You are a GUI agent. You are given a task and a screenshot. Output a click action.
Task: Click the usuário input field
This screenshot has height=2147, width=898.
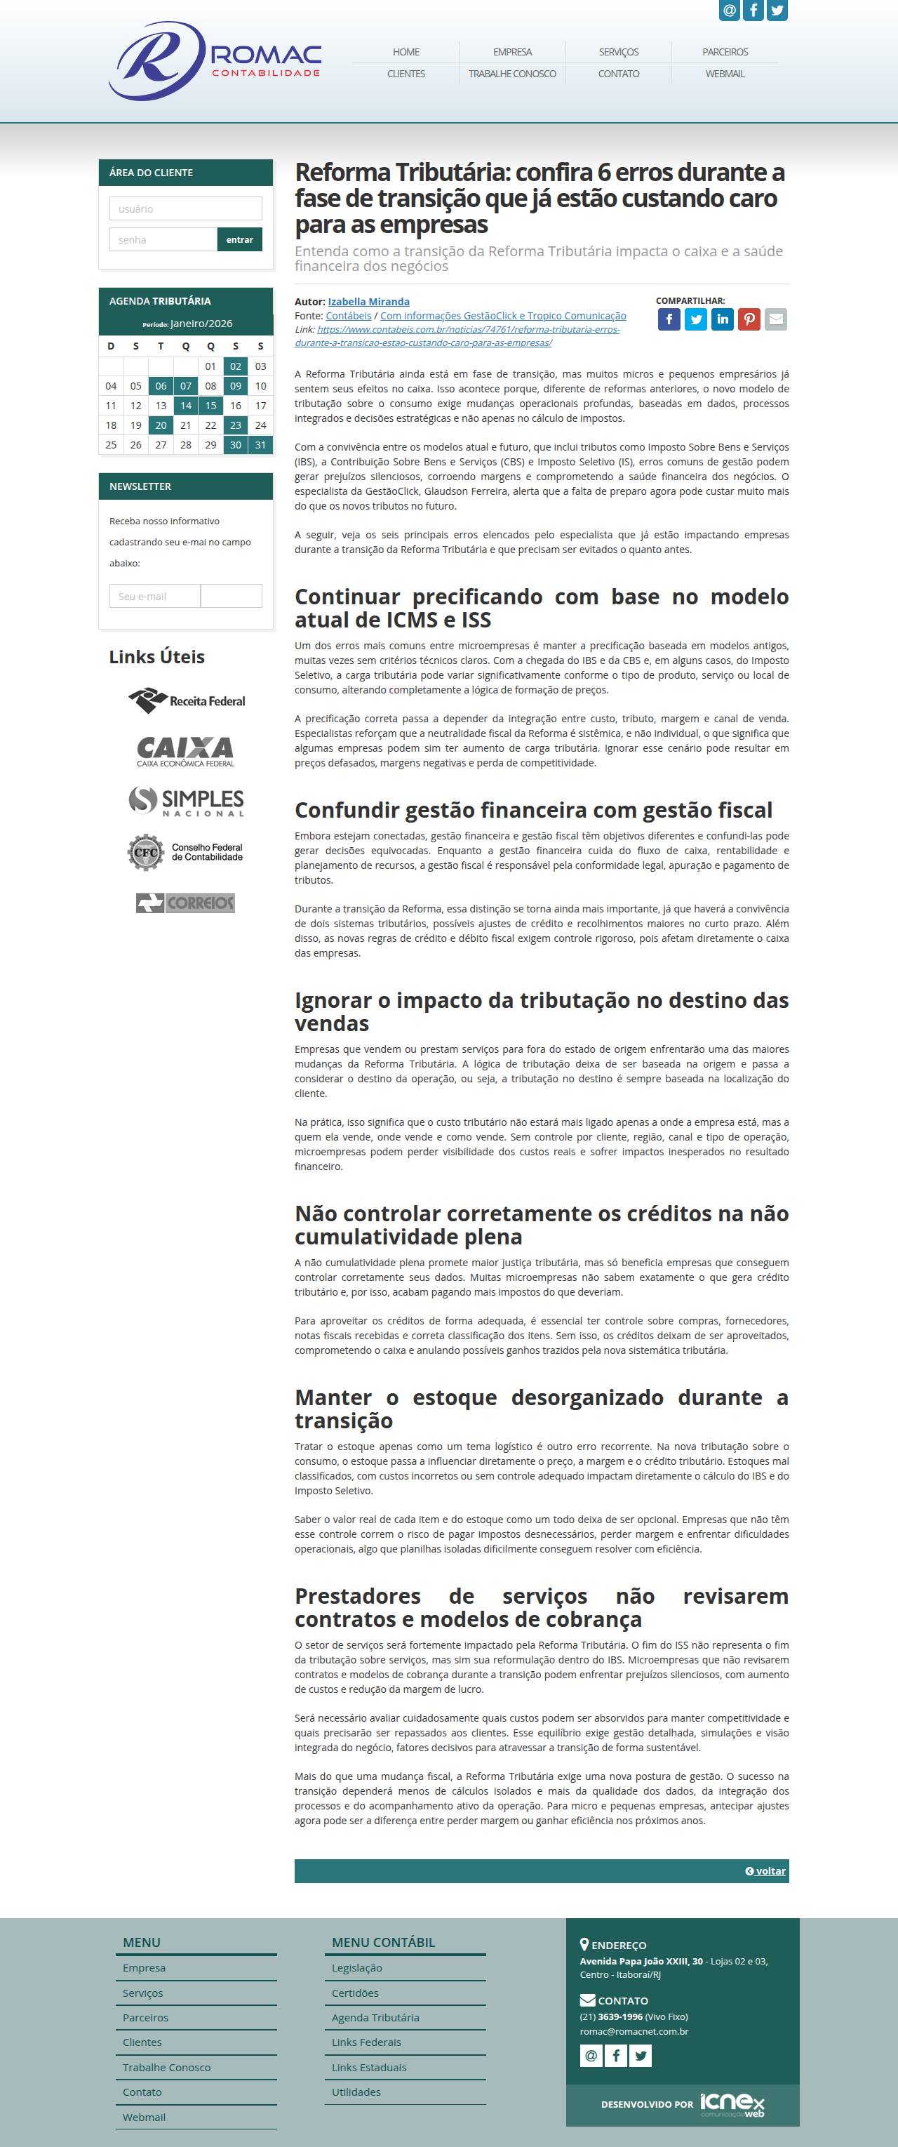[x=185, y=208]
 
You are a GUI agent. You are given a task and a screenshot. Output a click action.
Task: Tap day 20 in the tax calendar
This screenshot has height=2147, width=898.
[x=161, y=425]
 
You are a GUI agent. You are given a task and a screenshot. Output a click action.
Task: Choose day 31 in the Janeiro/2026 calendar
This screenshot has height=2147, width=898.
[x=261, y=445]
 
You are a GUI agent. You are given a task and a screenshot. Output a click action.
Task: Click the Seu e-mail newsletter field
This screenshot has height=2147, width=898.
[x=155, y=596]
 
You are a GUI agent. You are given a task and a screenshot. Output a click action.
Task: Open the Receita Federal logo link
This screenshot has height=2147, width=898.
[x=187, y=701]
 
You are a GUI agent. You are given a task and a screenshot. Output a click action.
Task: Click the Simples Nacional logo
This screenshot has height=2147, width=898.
[x=187, y=801]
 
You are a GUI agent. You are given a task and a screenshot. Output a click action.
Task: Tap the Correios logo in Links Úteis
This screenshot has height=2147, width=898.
[x=186, y=903]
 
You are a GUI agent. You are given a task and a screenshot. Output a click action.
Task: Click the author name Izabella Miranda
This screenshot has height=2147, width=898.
[x=368, y=302]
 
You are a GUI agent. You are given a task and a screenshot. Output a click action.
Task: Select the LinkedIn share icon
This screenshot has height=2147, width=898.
[x=722, y=319]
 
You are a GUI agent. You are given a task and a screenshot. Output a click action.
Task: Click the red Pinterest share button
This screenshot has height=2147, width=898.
[x=749, y=319]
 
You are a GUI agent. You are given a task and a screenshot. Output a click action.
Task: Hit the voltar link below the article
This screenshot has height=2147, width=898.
[x=765, y=1870]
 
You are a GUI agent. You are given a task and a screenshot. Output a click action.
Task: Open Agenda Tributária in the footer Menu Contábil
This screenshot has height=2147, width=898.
[x=375, y=2017]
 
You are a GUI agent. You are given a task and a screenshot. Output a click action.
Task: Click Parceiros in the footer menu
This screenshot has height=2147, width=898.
[x=145, y=2017]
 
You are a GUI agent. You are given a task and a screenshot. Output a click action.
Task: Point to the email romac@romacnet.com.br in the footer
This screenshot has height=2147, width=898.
[x=634, y=2031]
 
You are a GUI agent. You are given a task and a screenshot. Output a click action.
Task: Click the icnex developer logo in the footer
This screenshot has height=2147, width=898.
[x=732, y=2103]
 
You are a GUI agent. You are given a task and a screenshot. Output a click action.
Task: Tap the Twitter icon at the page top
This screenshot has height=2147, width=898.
[x=777, y=10]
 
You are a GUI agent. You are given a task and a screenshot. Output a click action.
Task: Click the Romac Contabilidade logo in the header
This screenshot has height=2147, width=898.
[x=215, y=61]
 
